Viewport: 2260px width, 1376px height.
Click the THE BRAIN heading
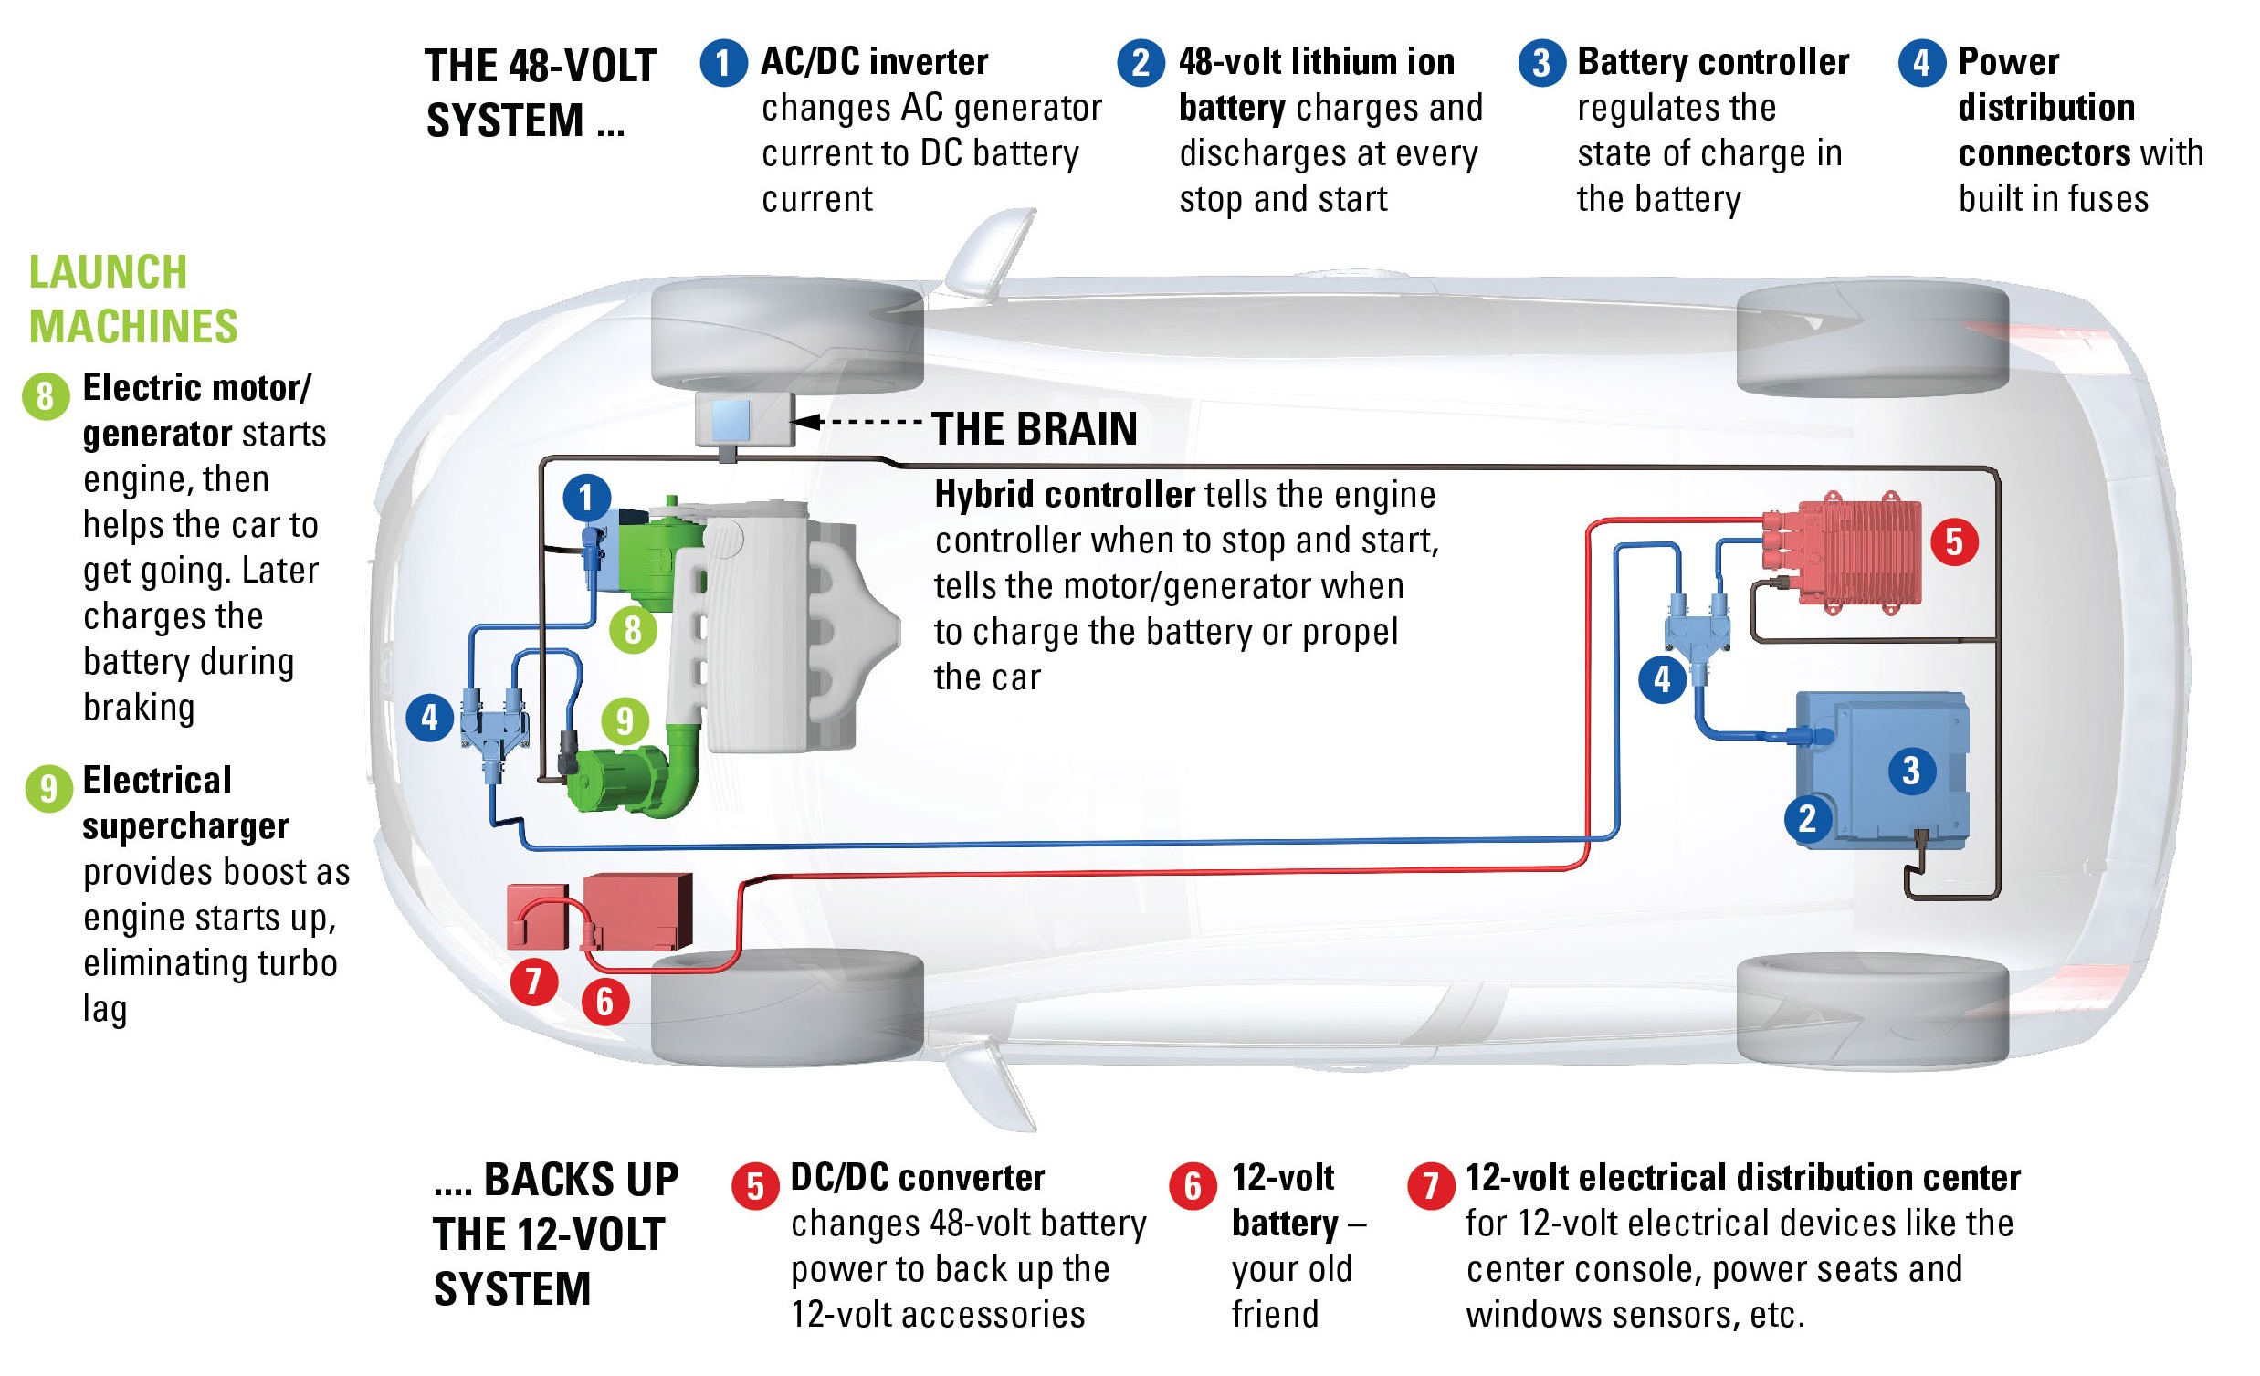pos(1034,429)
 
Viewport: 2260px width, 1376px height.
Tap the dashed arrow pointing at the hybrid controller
pos(857,422)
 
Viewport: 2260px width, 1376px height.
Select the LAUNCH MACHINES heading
pos(133,299)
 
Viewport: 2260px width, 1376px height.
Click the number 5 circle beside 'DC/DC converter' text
pos(755,1186)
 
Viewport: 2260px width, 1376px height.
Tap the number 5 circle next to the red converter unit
pos(1955,541)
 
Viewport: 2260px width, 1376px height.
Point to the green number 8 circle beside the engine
pos(633,630)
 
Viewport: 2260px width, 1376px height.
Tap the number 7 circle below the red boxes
pos(534,981)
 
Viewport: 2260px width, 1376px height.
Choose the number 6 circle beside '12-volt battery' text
pos(1193,1186)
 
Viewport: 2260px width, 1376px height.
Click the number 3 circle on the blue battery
pos(1911,771)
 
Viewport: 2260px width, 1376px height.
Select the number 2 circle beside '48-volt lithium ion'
pos(1141,63)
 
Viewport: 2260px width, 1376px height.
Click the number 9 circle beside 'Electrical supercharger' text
pos(48,788)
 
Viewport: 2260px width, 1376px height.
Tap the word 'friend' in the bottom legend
pos(1275,1315)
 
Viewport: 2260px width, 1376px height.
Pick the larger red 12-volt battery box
pos(637,910)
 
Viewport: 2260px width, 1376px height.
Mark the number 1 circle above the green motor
pos(586,499)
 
